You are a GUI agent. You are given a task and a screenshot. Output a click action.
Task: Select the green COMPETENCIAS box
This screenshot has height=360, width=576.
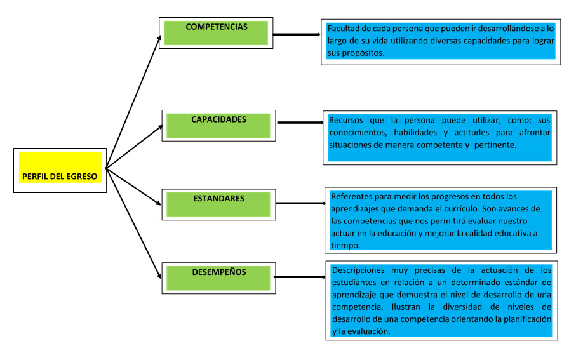click(216, 32)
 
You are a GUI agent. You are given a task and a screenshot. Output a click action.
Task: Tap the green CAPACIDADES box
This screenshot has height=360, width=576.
click(218, 124)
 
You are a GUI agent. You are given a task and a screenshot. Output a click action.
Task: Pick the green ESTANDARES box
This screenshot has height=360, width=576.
click(218, 204)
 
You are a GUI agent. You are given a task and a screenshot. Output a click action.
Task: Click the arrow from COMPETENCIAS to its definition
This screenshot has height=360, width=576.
click(297, 34)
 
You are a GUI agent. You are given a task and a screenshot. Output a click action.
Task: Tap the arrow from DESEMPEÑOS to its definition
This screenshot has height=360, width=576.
click(298, 277)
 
